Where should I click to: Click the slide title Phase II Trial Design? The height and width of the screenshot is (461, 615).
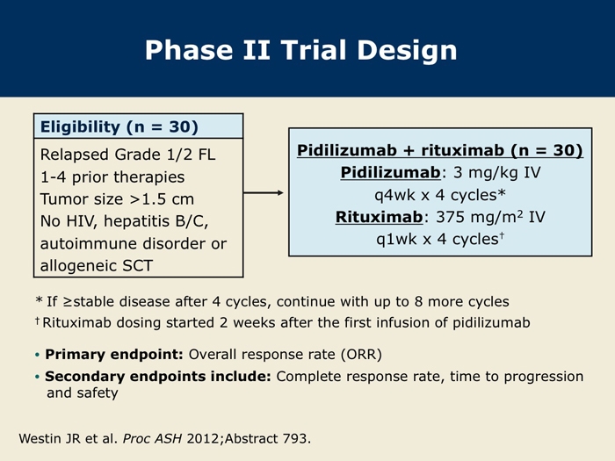[300, 51]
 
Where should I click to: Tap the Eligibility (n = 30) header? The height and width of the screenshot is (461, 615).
[119, 127]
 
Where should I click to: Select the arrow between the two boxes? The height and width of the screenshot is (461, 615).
[264, 192]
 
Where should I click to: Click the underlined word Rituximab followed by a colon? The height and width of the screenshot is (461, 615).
[379, 217]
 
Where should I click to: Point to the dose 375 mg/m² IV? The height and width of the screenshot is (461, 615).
[490, 216]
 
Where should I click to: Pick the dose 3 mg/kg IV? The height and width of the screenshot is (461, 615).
[496, 172]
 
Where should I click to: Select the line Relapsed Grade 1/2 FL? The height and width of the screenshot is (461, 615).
[128, 155]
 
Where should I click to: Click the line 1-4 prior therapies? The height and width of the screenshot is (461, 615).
[112, 177]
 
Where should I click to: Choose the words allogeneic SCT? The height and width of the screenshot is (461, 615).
[96, 266]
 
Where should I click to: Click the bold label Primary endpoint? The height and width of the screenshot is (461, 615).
[114, 355]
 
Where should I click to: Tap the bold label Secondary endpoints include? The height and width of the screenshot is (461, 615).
[158, 377]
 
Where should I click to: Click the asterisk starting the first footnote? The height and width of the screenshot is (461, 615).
[39, 300]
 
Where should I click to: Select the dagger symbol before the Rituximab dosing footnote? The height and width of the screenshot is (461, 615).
[37, 321]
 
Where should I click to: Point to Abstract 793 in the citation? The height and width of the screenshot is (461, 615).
[267, 438]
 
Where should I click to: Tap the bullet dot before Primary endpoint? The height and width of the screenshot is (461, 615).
[37, 355]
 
